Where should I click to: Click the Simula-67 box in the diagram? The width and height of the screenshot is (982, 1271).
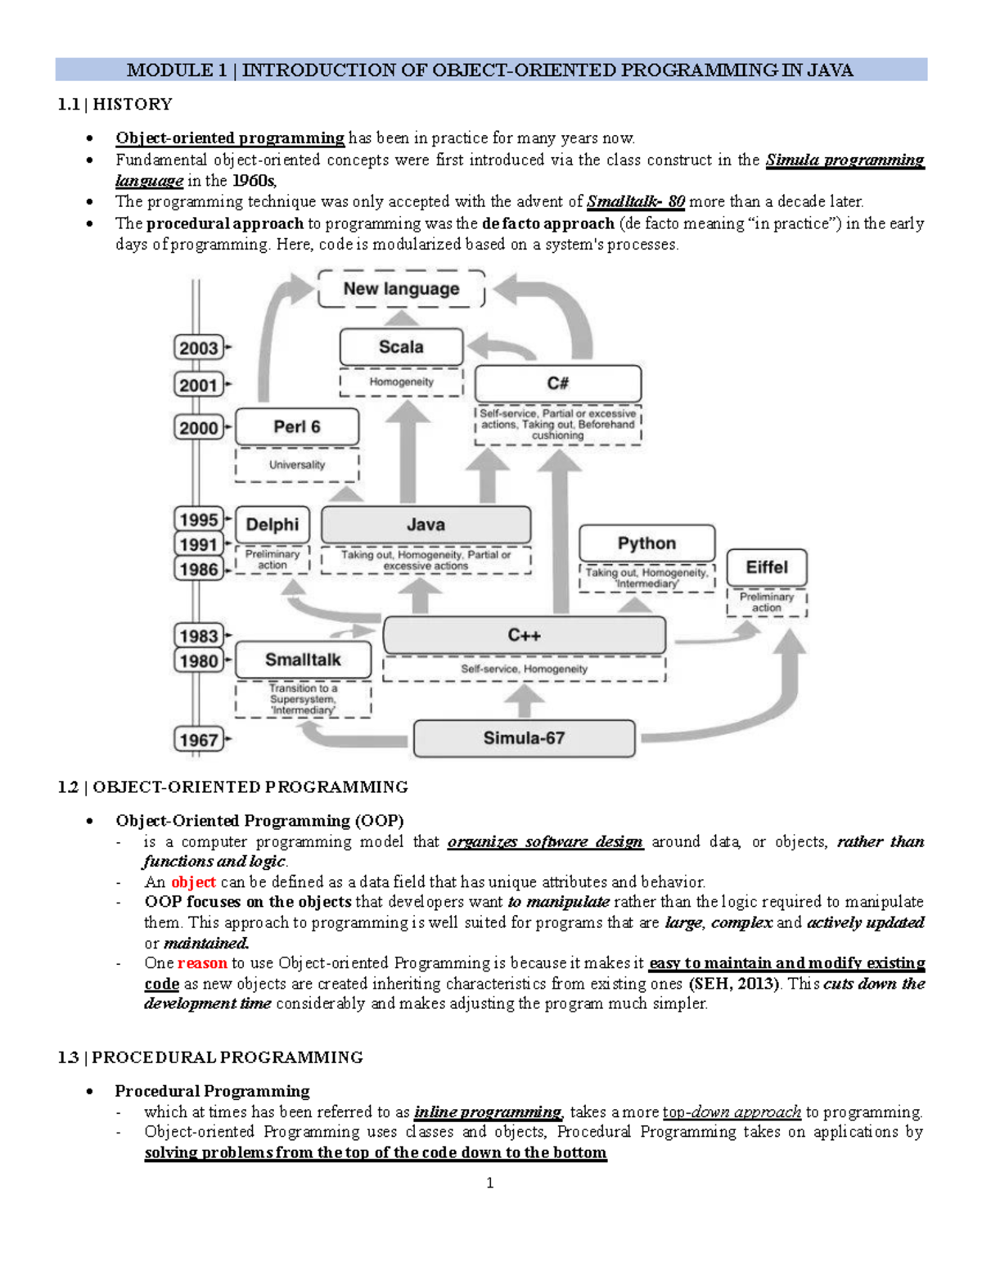click(524, 738)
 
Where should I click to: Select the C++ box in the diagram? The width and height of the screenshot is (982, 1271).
click(524, 635)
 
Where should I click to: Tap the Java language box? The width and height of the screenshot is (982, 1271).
click(426, 525)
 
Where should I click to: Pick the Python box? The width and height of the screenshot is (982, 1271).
click(646, 543)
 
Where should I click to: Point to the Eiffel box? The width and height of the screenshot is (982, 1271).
click(767, 567)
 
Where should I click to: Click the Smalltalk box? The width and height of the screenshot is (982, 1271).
click(303, 660)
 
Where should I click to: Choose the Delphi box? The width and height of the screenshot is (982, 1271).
click(273, 525)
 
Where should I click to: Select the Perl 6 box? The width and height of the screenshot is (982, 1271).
click(296, 426)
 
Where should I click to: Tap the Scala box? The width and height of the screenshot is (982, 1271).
click(401, 347)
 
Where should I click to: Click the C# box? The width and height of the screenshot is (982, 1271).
click(558, 383)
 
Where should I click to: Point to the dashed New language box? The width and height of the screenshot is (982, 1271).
click(401, 289)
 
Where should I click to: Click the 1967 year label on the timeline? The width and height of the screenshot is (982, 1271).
click(199, 740)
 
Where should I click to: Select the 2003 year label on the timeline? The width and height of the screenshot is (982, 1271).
click(199, 348)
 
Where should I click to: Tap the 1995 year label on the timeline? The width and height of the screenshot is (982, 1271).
click(199, 520)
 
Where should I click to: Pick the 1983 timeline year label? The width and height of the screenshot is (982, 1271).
click(199, 636)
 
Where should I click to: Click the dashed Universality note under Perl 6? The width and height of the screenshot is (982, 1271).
click(297, 465)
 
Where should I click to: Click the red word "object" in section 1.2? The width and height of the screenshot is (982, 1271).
click(193, 881)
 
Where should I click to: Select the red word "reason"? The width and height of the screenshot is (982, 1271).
click(202, 962)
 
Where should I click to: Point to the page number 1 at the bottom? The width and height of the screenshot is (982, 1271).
click(489, 1183)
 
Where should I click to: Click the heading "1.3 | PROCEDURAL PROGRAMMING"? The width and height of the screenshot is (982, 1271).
click(210, 1057)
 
